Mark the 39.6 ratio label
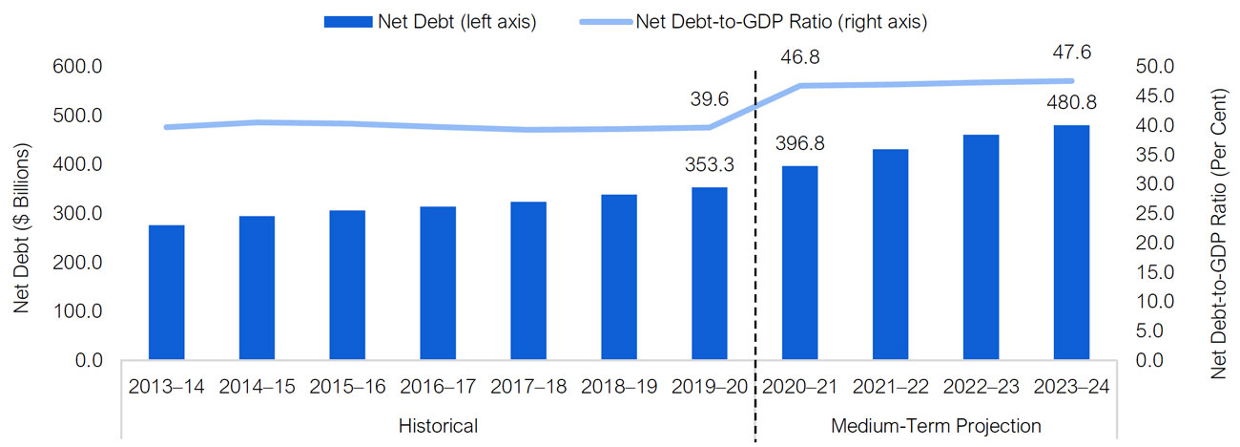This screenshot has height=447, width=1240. click(x=710, y=99)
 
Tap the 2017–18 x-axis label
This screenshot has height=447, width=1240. click(x=528, y=387)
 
